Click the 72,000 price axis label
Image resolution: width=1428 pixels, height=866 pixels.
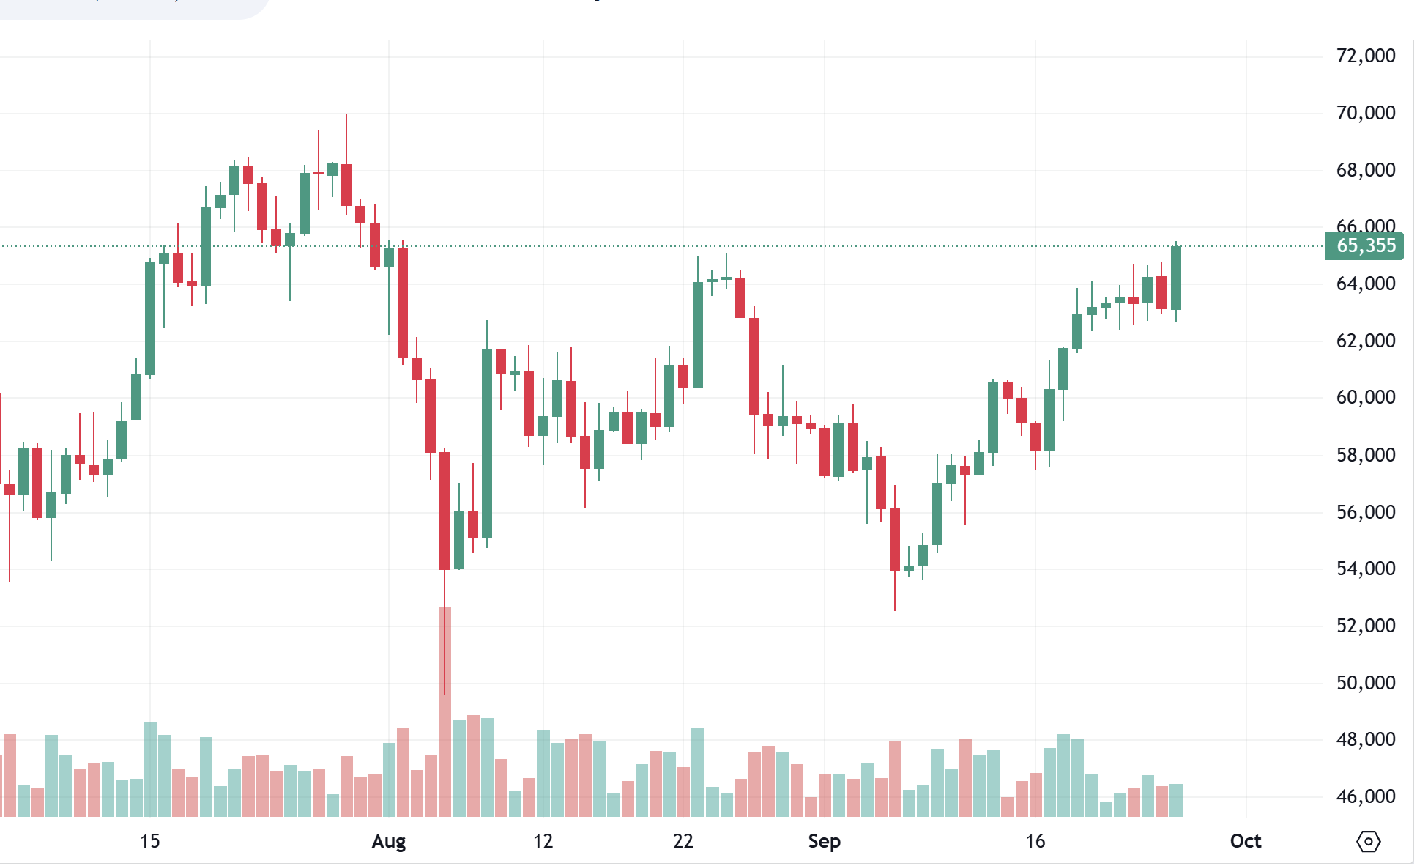coord(1365,56)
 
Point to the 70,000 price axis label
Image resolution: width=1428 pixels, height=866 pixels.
coord(1365,113)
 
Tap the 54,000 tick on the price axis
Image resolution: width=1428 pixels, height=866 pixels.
coord(1365,569)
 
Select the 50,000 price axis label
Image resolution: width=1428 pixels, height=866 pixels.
coord(1365,683)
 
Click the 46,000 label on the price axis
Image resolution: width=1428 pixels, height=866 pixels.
coord(1365,796)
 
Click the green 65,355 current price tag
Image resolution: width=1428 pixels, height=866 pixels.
coord(1365,246)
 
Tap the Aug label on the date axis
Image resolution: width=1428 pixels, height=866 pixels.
coord(388,841)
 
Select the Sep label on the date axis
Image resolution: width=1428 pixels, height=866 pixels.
coord(824,841)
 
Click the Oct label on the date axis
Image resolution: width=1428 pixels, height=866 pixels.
coord(1245,841)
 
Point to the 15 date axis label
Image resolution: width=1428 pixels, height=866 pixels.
coord(149,841)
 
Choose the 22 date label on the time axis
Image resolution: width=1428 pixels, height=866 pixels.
coord(683,841)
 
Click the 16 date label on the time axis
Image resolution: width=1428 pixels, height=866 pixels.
coord(1035,841)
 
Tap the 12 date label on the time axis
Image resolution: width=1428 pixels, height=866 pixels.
coord(543,841)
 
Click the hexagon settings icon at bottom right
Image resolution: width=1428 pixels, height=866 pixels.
coord(1368,841)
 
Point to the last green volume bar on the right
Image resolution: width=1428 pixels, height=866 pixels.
coord(1176,800)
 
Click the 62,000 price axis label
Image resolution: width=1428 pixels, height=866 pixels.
coord(1365,341)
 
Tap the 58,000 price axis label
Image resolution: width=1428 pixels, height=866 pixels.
coord(1365,455)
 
